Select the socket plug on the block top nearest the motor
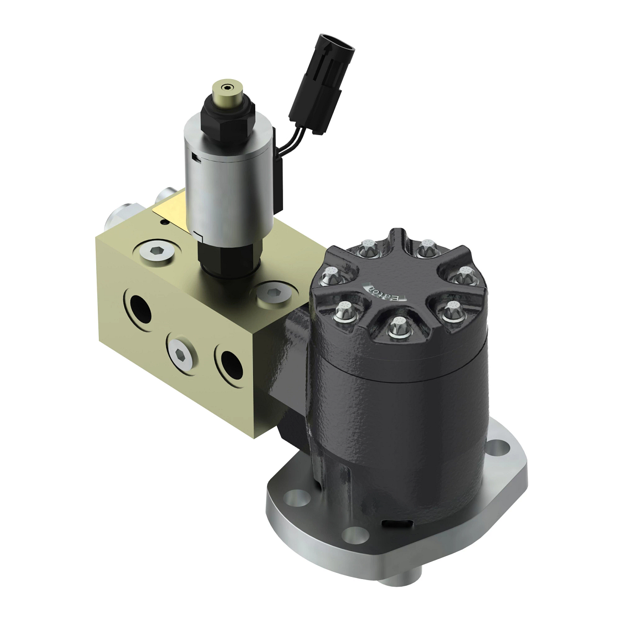coord(272,293)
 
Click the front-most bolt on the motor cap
coord(398,326)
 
